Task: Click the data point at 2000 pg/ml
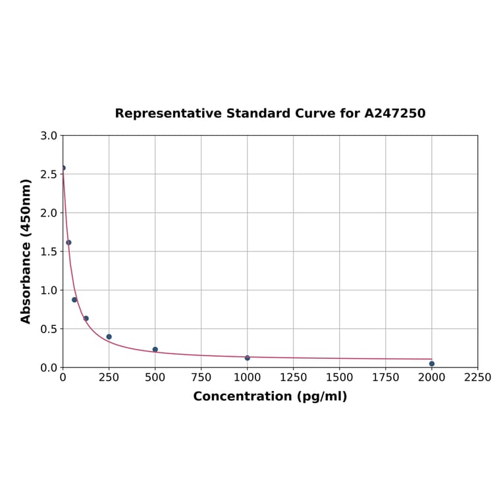432,363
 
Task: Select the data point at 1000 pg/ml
248,357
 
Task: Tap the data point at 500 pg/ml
155,350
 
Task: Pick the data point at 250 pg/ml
109,336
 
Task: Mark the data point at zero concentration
63,168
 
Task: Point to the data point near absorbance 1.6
68,242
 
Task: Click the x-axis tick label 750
201,377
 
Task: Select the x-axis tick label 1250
294,377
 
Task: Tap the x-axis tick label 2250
478,377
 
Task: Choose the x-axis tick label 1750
386,377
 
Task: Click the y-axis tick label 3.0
49,136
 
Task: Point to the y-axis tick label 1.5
49,251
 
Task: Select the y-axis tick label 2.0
49,213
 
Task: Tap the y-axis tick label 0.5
49,329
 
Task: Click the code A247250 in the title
395,113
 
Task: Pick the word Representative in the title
168,113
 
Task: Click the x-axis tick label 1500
340,377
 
